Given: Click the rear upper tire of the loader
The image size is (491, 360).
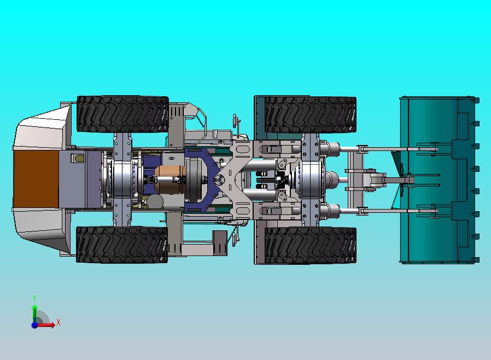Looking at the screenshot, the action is pyautogui.click(x=122, y=114).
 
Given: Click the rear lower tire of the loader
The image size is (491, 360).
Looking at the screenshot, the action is pyautogui.click(x=122, y=245).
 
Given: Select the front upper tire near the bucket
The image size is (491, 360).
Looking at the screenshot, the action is pyautogui.click(x=311, y=114).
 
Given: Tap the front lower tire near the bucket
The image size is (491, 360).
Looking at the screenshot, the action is pyautogui.click(x=311, y=245).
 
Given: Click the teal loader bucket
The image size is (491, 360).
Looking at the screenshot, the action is pyautogui.click(x=439, y=179).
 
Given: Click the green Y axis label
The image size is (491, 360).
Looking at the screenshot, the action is pyautogui.click(x=34, y=298).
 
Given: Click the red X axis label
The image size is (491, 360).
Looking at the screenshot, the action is pyautogui.click(x=59, y=322).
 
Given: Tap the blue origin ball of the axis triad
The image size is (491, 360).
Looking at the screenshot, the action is pyautogui.click(x=34, y=325).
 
